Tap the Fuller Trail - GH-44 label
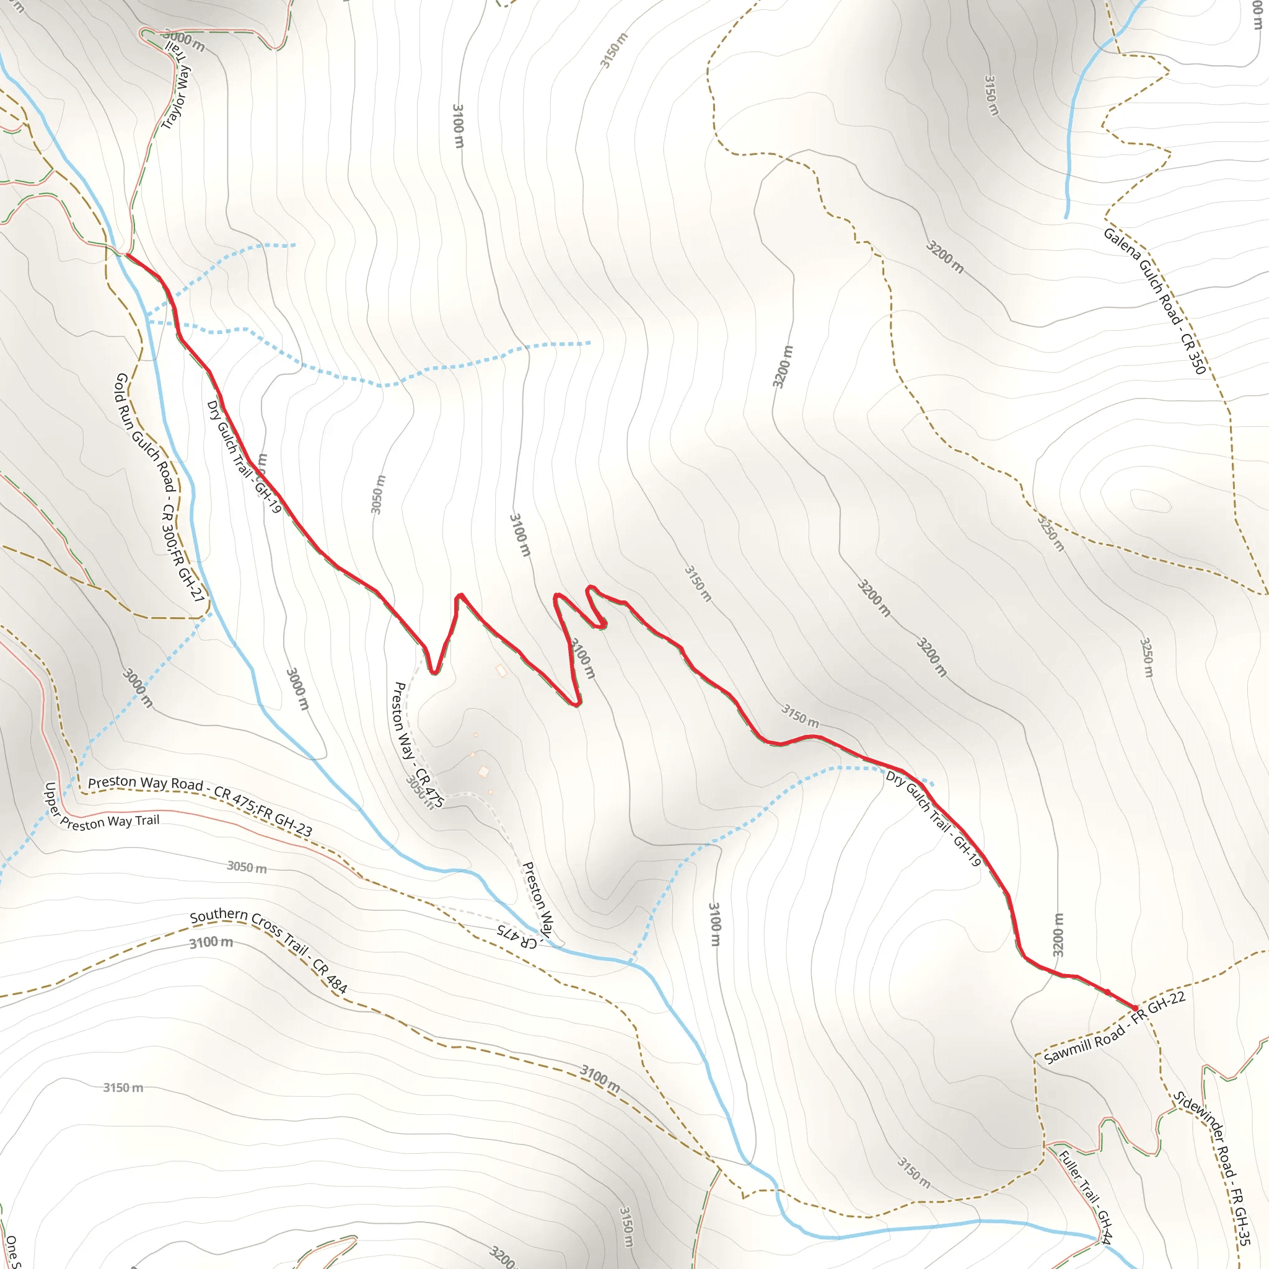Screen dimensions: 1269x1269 [1085, 1197]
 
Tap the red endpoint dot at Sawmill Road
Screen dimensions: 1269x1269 [1135, 1008]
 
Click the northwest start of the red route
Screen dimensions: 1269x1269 [128, 255]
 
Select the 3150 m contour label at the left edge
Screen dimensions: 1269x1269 [123, 1087]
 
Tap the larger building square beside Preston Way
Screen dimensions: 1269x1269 [483, 771]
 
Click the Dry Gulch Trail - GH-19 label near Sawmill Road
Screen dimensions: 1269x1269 [933, 818]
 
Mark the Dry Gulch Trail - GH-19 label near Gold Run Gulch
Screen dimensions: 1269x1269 [244, 457]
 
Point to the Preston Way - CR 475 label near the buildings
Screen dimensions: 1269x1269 [417, 744]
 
